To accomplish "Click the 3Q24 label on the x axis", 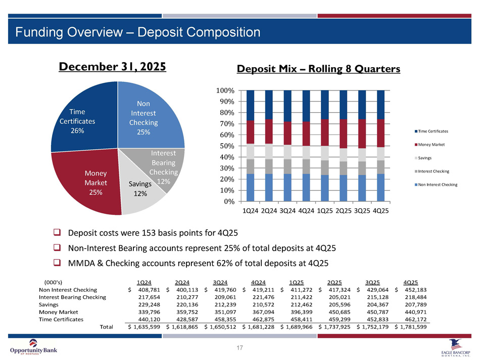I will [x=287, y=210].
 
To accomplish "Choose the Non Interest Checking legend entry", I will [x=437, y=185].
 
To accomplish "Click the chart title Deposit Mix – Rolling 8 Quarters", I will [x=319, y=70].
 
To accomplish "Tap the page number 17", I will [x=240, y=348].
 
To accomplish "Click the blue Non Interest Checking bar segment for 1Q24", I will [x=250, y=187].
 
